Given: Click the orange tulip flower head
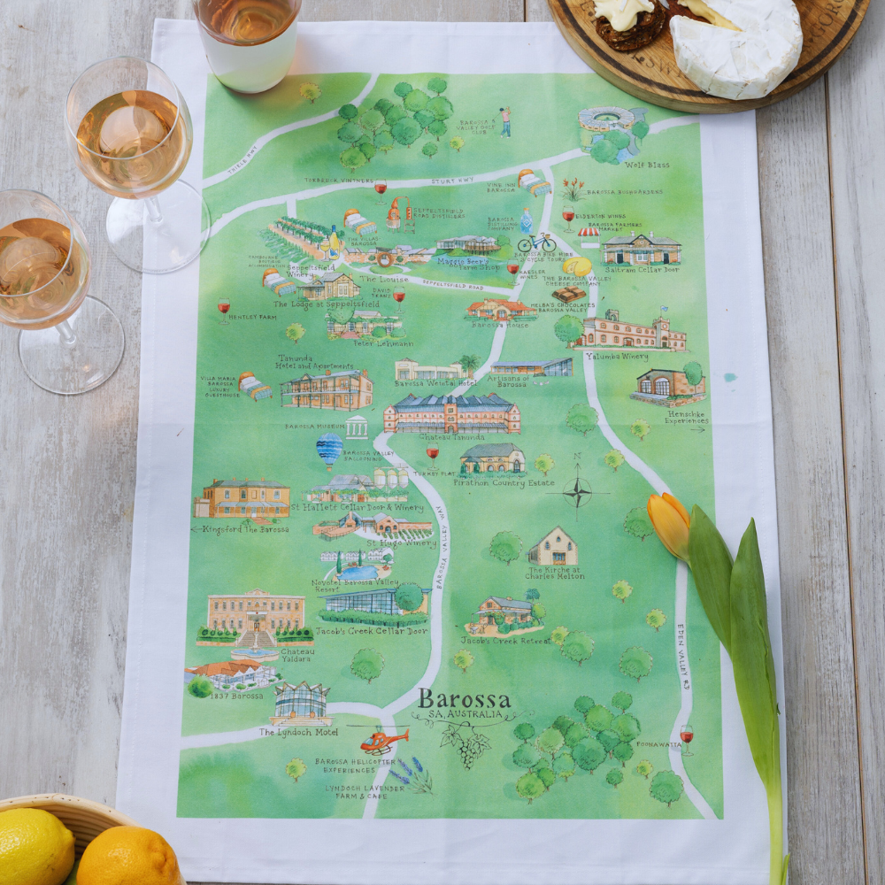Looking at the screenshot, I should (669, 525).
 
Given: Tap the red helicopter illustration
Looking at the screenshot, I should (383, 739).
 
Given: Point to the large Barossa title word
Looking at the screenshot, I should (465, 699).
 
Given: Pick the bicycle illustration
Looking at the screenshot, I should (536, 242).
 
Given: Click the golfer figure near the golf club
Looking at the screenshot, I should (505, 121).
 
